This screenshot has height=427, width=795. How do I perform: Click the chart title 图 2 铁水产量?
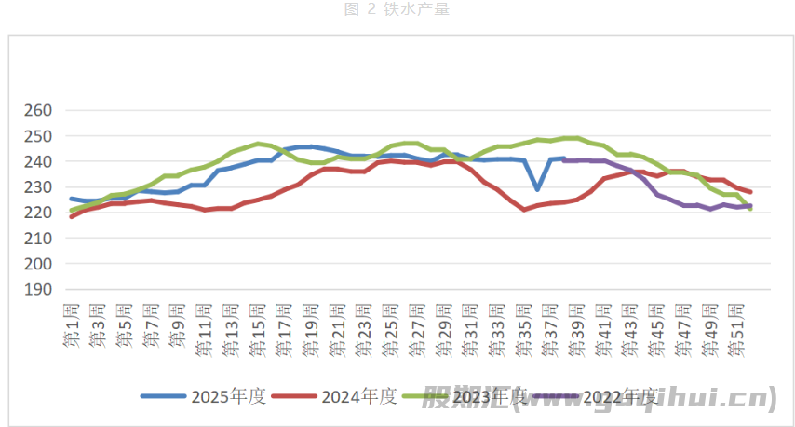pyautogui.click(x=397, y=9)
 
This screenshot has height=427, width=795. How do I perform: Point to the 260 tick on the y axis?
pyautogui.click(x=38, y=111)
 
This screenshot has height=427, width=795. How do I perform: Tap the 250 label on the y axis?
pyautogui.click(x=38, y=136)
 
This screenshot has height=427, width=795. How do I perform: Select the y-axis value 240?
pyautogui.click(x=38, y=162)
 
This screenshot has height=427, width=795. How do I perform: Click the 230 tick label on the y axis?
pyautogui.click(x=38, y=187)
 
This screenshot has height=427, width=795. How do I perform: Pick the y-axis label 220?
pyautogui.click(x=38, y=213)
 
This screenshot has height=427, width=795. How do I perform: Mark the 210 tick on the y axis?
pyautogui.click(x=38, y=239)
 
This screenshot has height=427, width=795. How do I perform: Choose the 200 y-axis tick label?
pyautogui.click(x=38, y=264)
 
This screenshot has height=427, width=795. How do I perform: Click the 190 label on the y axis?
pyautogui.click(x=38, y=290)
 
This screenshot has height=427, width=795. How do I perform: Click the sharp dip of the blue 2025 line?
pyautogui.click(x=537, y=189)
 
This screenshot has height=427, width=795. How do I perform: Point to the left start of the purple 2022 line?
pyautogui.click(x=564, y=160)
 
